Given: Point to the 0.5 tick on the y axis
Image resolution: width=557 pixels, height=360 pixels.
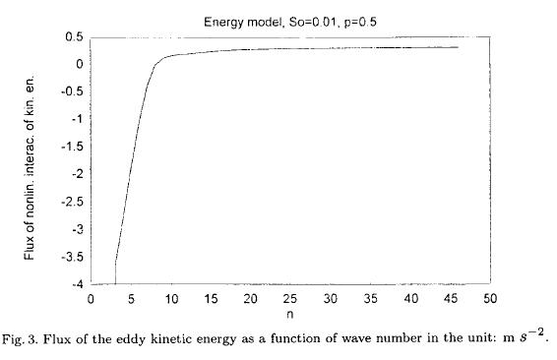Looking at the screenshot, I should click(73, 37).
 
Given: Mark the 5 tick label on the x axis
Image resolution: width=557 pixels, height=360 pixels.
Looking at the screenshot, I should click(131, 298).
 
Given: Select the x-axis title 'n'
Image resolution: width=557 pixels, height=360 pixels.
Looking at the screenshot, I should click(291, 314).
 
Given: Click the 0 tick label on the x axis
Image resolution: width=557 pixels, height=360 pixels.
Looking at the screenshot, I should click(91, 298).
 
